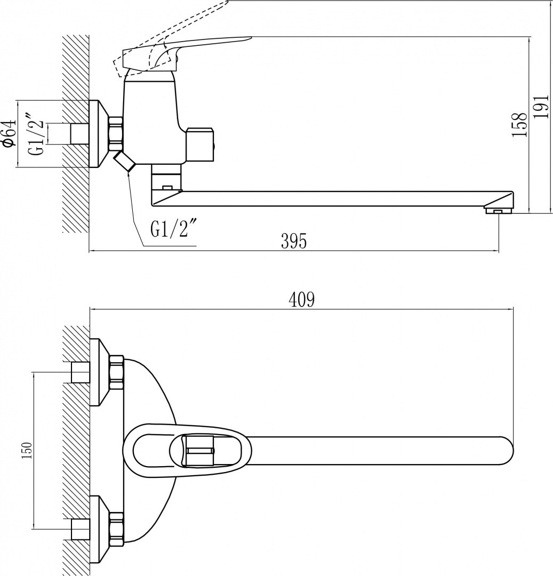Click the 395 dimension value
(293, 241)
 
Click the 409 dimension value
(302, 300)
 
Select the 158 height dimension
(519, 124)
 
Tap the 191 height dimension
(541, 109)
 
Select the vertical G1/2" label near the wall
(39, 133)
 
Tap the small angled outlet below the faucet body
(123, 161)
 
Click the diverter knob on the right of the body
(201, 145)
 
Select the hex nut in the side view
(115, 133)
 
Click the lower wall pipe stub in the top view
(79, 528)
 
